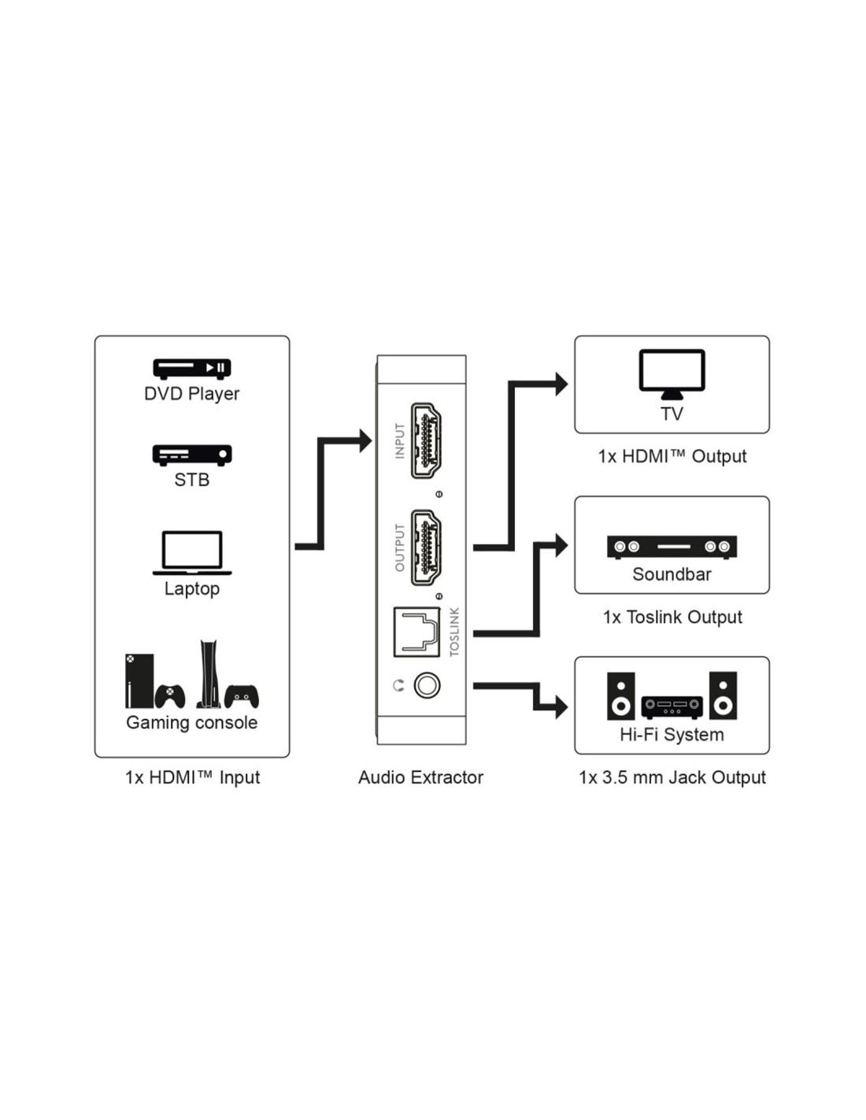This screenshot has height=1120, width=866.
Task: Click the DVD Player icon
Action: click(x=191, y=368)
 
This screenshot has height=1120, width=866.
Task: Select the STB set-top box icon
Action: click(x=191, y=454)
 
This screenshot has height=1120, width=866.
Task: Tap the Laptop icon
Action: click(x=191, y=552)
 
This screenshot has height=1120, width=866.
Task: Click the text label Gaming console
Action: click(x=191, y=722)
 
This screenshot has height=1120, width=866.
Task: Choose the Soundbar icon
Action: click(x=672, y=547)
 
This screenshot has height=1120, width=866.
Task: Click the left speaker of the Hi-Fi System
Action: click(x=620, y=695)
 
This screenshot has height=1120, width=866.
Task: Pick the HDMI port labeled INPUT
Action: click(x=426, y=440)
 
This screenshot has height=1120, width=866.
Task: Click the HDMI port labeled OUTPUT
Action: click(x=426, y=547)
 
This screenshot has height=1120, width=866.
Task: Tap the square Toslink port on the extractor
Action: click(x=416, y=632)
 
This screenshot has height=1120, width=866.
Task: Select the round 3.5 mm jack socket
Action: click(x=427, y=685)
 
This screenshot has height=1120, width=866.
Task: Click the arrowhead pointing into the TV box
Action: click(x=561, y=384)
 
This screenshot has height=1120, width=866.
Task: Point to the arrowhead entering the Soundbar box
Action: click(x=561, y=545)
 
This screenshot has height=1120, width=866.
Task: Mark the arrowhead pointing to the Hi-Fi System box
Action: click(x=561, y=706)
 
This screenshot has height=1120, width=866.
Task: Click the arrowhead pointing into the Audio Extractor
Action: click(x=365, y=440)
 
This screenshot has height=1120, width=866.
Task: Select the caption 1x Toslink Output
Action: click(x=672, y=617)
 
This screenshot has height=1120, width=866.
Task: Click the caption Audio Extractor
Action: click(x=420, y=777)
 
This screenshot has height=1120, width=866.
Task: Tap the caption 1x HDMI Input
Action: click(x=191, y=777)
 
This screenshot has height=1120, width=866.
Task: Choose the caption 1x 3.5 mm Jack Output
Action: click(x=672, y=777)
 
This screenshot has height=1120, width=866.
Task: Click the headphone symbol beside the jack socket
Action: click(x=398, y=686)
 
